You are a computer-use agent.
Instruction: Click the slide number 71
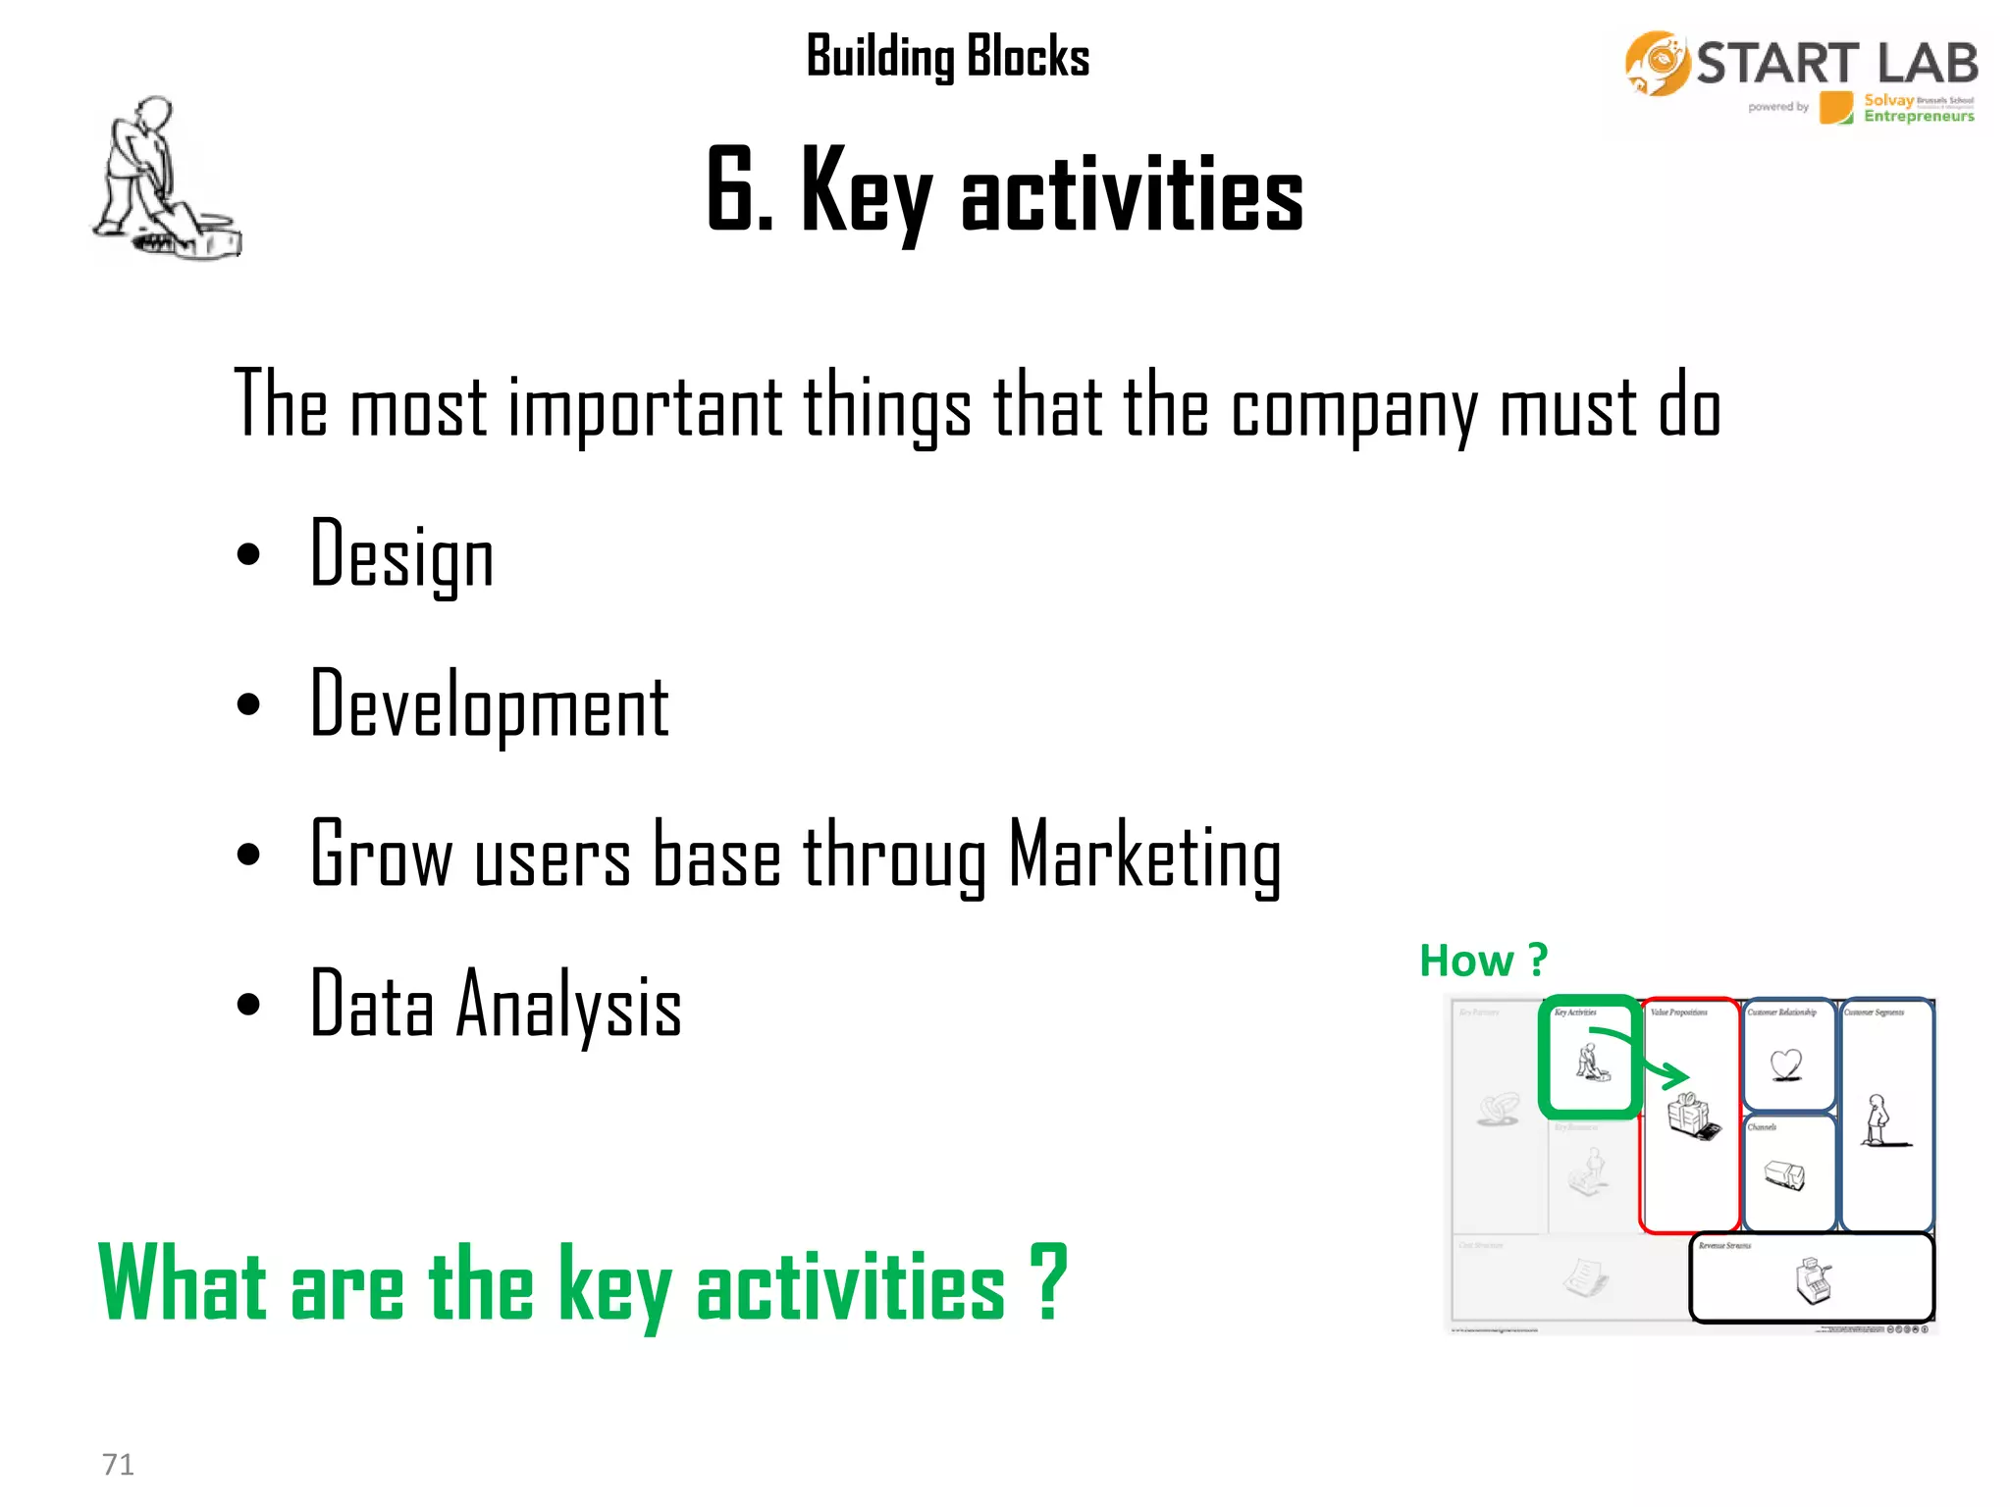[118, 1464]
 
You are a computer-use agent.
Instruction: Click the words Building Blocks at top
[947, 56]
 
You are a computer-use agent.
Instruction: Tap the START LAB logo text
[1836, 64]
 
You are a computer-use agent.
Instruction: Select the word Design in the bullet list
[401, 555]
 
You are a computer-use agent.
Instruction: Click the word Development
[489, 705]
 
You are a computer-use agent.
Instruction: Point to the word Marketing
[1144, 856]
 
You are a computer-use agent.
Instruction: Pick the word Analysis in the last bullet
[568, 1006]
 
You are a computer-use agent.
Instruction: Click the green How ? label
[1483, 960]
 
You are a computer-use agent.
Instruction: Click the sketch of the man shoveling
[162, 182]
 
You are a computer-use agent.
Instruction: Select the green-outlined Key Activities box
[1589, 1058]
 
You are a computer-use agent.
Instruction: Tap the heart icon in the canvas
[1786, 1064]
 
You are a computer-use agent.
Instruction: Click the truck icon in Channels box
[1784, 1174]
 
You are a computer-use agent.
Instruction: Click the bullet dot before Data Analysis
[249, 1005]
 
